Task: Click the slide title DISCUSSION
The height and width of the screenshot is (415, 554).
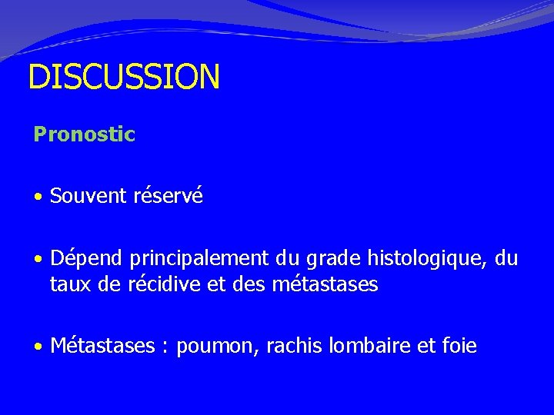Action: coord(124,77)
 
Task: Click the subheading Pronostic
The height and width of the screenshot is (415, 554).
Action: coord(84,135)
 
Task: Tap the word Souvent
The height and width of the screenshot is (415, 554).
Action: coord(88,196)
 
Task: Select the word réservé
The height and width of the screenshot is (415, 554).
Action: coord(168,196)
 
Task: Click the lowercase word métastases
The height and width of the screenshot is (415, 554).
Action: coord(325,285)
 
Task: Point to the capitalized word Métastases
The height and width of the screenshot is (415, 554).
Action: coord(102,347)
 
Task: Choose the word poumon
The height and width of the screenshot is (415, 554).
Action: coord(218,347)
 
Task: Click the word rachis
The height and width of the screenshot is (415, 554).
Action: coord(290,347)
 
